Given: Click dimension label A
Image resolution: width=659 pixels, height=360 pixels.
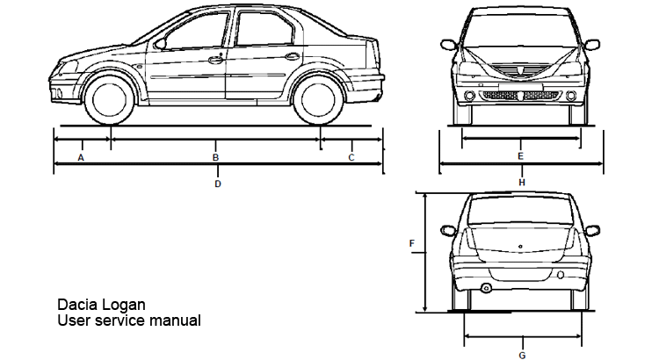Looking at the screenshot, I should click(x=81, y=158).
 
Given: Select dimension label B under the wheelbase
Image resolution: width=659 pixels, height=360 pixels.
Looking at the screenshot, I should click(x=216, y=158).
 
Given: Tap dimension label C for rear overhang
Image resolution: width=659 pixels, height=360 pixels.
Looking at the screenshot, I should click(x=351, y=158).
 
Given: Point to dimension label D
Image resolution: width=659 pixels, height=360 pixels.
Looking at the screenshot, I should click(x=218, y=184).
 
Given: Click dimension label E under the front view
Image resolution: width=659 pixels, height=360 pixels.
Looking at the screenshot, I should click(x=520, y=156).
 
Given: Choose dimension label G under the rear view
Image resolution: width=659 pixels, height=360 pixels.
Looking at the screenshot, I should click(x=522, y=355).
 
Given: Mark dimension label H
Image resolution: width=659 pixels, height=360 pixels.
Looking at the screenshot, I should click(x=522, y=182).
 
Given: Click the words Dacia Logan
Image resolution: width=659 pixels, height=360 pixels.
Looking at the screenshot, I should click(x=101, y=305).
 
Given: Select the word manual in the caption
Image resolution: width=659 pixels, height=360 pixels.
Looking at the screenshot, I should click(x=175, y=321).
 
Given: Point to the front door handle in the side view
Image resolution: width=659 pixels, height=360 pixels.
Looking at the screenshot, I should click(x=215, y=59).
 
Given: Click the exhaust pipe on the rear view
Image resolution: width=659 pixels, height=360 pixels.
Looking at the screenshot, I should click(x=486, y=289).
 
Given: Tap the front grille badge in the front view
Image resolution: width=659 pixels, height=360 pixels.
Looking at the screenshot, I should click(x=520, y=66).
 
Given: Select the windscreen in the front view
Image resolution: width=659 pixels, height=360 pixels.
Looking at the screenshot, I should click(x=520, y=32).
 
